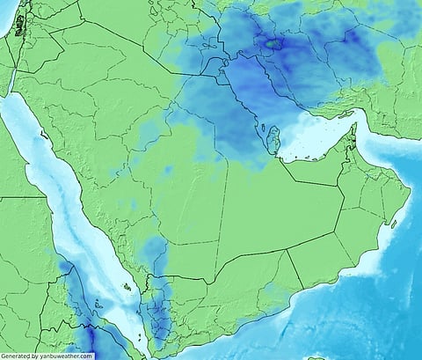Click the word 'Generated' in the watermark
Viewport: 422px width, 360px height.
(15, 356)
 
